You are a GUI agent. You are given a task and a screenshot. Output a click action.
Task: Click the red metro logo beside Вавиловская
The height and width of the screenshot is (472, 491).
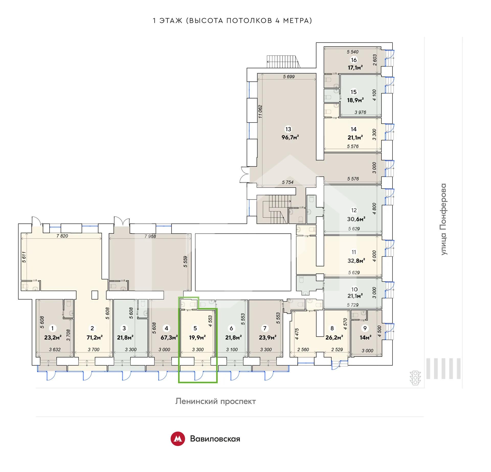coord(178,439)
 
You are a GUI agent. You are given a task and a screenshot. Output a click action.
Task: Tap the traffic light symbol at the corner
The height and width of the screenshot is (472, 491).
coord(415,378)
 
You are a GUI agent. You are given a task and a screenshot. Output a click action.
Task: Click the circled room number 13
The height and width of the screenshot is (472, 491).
coord(288,129)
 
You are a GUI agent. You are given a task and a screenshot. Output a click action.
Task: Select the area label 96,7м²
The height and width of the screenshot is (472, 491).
coord(290,137)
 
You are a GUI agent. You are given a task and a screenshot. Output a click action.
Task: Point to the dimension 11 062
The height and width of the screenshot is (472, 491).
coord(260,112)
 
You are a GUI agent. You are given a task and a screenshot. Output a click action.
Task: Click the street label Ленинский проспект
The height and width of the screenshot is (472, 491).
coord(216,401)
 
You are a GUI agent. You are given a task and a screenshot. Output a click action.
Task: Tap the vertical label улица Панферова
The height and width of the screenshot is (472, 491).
coord(444,219)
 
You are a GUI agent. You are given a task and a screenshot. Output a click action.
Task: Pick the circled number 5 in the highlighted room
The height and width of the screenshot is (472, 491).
coord(195,328)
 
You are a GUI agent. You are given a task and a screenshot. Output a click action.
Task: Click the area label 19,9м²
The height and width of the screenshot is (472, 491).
coord(197,338)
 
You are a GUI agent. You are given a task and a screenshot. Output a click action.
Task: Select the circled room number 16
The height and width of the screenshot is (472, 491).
coord(354,60)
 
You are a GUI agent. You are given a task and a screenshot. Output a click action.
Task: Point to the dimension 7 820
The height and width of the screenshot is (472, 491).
coord(62,236)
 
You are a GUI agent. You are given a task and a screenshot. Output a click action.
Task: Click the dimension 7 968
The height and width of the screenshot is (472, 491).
coord(150,236)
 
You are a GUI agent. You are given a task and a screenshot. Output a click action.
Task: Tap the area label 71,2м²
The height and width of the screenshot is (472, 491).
coord(95,338)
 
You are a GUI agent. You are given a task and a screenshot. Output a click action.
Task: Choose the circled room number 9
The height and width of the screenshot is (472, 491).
coord(365,328)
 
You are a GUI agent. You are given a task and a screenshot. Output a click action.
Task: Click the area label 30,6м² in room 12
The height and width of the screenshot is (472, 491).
coord(356,219)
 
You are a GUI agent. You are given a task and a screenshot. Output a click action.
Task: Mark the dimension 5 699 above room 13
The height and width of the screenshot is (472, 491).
coord(289,77)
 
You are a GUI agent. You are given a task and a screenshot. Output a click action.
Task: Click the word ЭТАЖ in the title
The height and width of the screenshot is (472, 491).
coord(171,20)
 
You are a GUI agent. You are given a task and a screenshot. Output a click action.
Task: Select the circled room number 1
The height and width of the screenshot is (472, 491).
coord(52,328)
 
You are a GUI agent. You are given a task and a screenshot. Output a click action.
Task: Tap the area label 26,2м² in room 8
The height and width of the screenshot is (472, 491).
coord(334,338)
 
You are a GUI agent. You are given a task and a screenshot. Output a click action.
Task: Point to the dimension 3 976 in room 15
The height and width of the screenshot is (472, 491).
coord(360,112)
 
